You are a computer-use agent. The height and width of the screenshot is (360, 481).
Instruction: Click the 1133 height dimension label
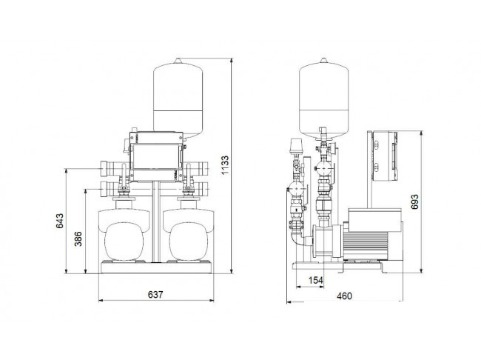pyautogui.click(x=225, y=165)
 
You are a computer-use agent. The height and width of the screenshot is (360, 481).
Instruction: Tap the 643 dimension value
pyautogui.click(x=59, y=221)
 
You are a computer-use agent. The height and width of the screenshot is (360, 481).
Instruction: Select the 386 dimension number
pyautogui.click(x=78, y=239)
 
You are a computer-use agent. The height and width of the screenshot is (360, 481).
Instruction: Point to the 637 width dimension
pyautogui.click(x=155, y=295)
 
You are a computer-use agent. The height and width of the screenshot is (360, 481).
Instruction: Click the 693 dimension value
pyautogui.click(x=414, y=201)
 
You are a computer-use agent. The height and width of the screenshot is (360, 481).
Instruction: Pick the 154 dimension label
pyautogui.click(x=316, y=280)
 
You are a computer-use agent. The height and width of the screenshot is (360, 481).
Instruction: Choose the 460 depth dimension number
pyautogui.click(x=344, y=296)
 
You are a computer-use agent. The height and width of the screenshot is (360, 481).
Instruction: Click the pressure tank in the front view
pyautogui.click(x=178, y=98)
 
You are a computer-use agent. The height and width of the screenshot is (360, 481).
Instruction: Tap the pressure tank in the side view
pyautogui.click(x=323, y=98)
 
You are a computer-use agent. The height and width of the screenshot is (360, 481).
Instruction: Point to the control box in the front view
pyautogui.click(x=156, y=156)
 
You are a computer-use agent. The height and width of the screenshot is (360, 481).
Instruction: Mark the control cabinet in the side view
pyautogui.click(x=385, y=156)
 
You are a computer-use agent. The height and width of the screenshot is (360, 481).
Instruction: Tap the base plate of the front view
pyautogui.click(x=156, y=267)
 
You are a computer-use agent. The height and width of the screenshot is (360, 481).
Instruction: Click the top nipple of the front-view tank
pyautogui.click(x=178, y=60)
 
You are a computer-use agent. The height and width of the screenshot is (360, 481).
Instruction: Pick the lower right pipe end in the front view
pyautogui.click(x=203, y=189)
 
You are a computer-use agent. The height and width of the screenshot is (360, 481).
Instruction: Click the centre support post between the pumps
pyautogui.click(x=156, y=221)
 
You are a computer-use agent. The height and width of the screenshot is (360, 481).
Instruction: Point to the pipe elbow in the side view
pyautogui.click(x=296, y=237)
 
